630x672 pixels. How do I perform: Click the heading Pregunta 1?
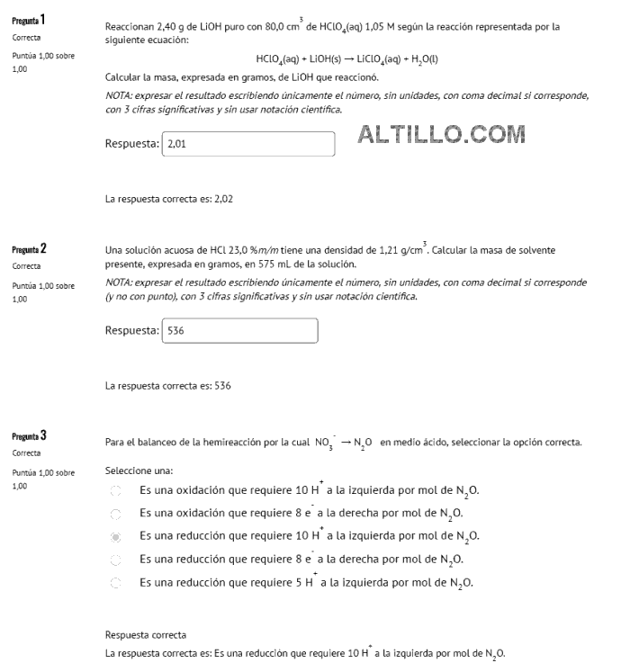tap(30, 20)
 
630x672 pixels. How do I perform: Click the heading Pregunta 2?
tap(30, 247)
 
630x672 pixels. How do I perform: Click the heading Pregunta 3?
tap(30, 436)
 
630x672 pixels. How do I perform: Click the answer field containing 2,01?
tap(247, 142)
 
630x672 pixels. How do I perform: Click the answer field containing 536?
tap(238, 329)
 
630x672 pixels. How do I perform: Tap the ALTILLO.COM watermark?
tap(441, 135)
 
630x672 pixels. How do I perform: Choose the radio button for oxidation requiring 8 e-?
tap(114, 514)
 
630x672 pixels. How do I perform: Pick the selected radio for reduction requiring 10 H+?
tap(114, 537)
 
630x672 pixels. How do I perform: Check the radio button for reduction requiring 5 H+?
tap(114, 582)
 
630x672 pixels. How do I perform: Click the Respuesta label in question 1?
tap(131, 143)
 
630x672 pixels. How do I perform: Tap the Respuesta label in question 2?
tap(131, 330)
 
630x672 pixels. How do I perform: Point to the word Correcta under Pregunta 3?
tap(28, 456)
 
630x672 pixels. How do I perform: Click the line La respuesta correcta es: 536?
tap(168, 385)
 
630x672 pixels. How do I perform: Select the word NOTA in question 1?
tap(118, 94)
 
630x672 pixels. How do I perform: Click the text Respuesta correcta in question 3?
tap(145, 634)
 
